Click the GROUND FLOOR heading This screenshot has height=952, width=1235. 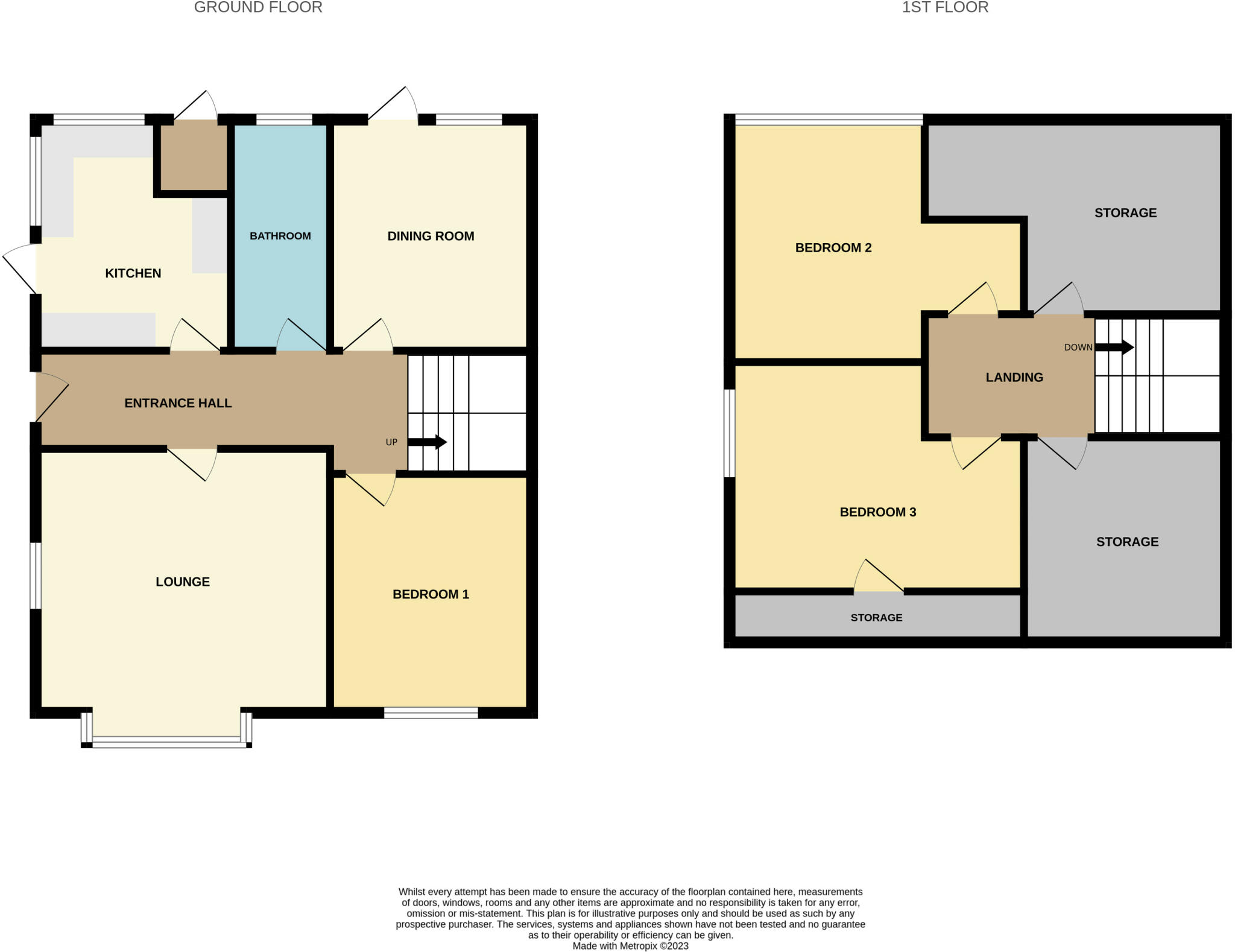point(257,8)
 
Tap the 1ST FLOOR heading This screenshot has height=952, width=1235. point(944,8)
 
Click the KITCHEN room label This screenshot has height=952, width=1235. point(133,273)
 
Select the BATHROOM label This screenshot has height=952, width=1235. point(280,236)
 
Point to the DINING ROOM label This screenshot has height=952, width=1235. point(430,236)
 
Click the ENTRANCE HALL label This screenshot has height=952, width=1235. point(178,403)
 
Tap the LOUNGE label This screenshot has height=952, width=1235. point(182,582)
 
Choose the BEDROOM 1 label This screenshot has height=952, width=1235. point(430,594)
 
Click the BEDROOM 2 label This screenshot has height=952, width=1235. point(833,247)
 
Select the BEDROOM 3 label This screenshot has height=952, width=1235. point(877,512)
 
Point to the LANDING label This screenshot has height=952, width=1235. point(1014,377)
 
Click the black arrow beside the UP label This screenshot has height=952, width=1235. point(427,442)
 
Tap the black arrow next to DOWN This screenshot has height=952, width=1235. point(1114,347)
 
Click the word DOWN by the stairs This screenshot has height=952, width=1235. point(1078,347)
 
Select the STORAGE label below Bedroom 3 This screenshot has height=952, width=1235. point(876,617)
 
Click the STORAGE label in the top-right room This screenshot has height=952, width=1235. point(1125,212)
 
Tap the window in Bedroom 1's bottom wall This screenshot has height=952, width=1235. point(431,714)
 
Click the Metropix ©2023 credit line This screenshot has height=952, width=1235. point(630,946)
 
